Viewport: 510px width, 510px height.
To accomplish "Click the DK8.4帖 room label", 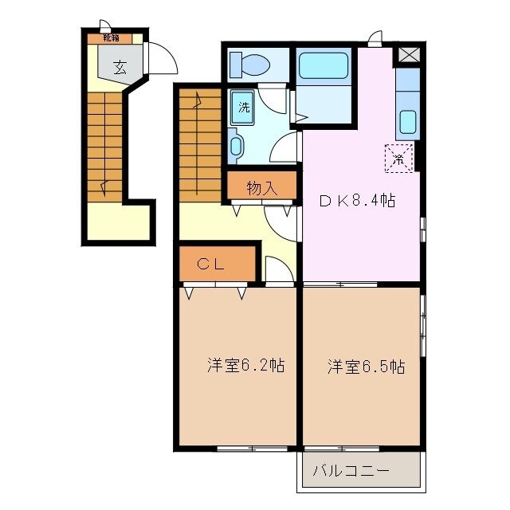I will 358,201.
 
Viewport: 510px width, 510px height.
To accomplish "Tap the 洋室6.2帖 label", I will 246,366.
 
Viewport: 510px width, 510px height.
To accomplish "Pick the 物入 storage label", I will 261,188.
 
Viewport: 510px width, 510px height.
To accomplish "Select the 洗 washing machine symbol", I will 245,108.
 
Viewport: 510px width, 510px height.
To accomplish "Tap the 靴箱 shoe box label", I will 110,37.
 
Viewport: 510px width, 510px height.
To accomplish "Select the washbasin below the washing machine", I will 237,146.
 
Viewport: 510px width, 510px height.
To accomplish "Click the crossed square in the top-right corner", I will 409,55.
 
